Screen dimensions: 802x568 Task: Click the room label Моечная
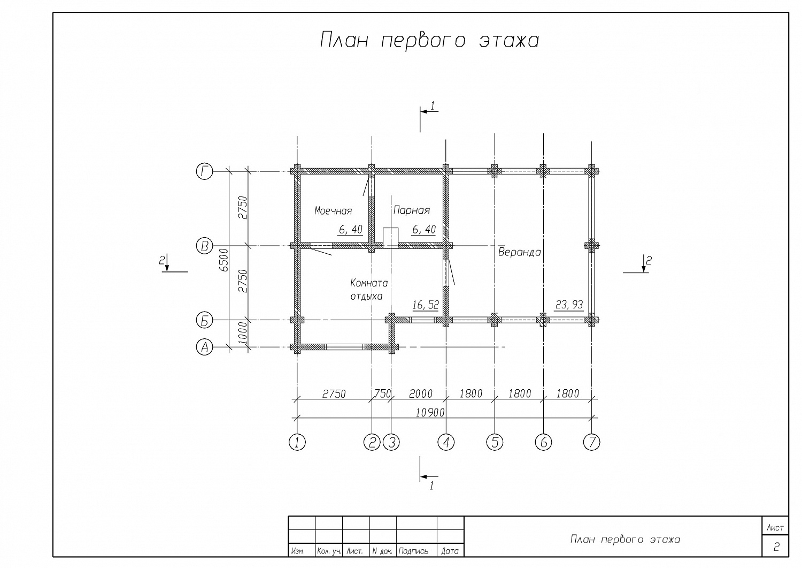point(333,211)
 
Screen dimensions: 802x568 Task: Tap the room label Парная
point(411,210)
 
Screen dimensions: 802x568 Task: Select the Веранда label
point(520,252)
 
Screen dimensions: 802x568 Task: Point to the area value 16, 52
point(426,305)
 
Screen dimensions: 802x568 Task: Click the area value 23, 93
point(569,305)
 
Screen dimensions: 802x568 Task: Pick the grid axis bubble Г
point(204,171)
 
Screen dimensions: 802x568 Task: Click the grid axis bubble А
point(204,347)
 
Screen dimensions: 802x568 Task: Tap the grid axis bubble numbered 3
point(391,442)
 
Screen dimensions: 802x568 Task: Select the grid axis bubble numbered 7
point(591,442)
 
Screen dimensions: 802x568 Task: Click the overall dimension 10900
point(430,413)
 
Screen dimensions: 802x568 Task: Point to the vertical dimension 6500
point(223,260)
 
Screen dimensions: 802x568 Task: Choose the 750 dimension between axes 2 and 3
point(383,393)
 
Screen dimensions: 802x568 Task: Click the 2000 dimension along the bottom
point(421,393)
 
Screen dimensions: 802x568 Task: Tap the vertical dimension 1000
point(242,334)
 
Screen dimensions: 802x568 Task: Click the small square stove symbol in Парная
point(391,238)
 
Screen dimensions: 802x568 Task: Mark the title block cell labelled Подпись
point(417,550)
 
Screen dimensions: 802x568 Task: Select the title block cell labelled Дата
point(450,550)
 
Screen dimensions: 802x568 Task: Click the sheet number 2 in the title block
point(776,547)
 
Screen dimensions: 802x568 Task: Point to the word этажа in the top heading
point(509,41)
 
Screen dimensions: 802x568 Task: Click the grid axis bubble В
point(204,246)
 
